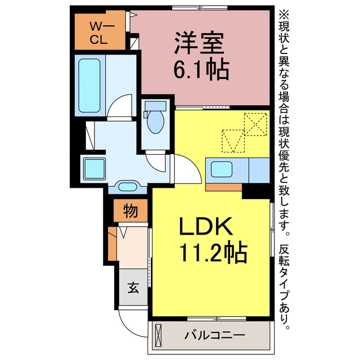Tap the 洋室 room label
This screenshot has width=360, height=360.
tap(199, 43)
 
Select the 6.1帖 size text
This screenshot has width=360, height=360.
tap(201, 70)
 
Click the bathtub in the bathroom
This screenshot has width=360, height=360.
tap(89, 85)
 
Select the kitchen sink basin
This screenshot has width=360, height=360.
tap(222, 169)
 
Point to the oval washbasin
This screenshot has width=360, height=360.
tap(128, 186)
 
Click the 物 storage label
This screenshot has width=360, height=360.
tap(130, 211)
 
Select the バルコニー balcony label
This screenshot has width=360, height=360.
tap(215, 336)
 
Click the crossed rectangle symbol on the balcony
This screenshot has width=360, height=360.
tap(159, 335)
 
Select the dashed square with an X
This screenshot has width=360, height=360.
tap(255, 124)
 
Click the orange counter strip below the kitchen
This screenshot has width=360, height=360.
tap(224, 187)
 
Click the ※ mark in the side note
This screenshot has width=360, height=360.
tap(284, 15)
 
